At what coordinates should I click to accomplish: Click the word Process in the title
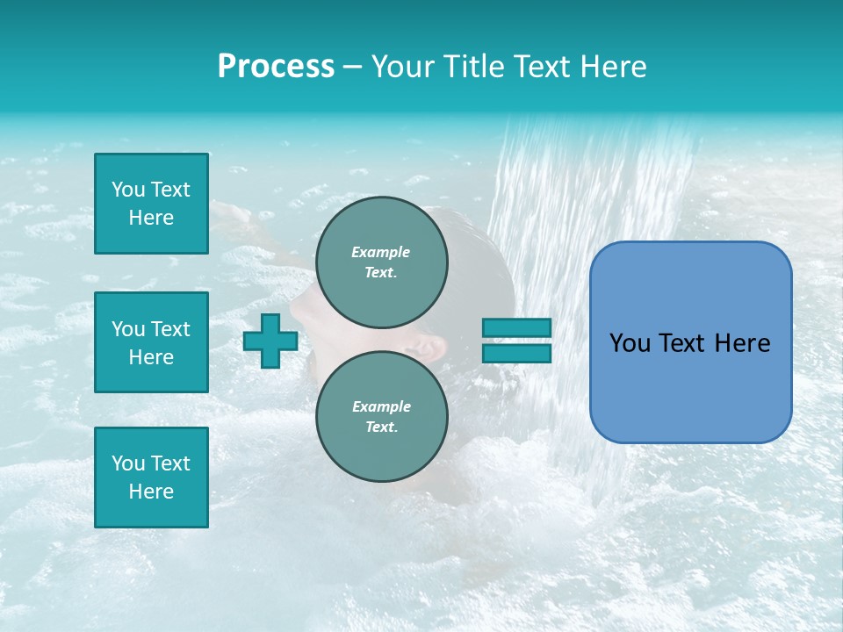276,67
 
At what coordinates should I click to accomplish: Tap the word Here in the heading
610,67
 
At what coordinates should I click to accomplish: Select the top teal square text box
151,204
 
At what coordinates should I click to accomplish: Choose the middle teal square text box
151,342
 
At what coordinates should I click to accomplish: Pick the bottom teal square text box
151,478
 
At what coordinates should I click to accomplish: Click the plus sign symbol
270,341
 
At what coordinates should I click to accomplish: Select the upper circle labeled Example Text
381,262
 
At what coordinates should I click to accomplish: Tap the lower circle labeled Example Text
381,417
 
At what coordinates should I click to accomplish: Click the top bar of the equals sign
516,327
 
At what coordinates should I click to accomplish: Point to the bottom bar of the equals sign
516,353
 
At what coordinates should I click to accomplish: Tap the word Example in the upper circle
381,252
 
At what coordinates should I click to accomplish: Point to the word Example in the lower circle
381,406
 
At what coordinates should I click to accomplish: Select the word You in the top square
128,190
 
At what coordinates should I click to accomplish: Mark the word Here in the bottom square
151,492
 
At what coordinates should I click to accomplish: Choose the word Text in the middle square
170,329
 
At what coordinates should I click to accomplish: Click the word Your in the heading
405,67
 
